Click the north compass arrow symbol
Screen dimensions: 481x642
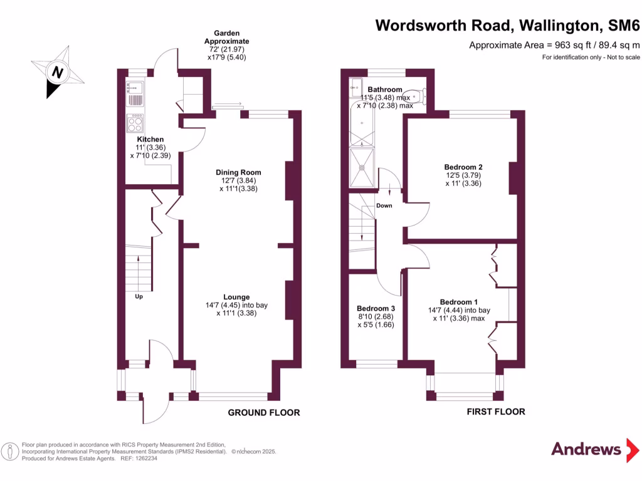[x=58, y=73]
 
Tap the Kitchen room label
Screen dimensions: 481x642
[x=150, y=139]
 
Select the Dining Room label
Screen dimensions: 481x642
[x=238, y=172]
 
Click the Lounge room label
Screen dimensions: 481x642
[x=236, y=297]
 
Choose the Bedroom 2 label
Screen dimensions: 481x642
[x=463, y=167]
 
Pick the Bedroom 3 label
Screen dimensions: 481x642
[x=376, y=309]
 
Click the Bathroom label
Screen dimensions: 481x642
[x=385, y=90]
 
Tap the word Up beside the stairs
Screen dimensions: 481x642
[x=139, y=296]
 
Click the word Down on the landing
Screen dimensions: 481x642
[x=384, y=205]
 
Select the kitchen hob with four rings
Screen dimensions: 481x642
[x=135, y=121]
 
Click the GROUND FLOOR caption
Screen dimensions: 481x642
[x=263, y=413]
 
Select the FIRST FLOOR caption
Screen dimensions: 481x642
[x=496, y=411]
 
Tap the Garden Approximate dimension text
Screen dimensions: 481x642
[x=226, y=44]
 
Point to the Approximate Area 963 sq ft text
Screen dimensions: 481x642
[x=554, y=45]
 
